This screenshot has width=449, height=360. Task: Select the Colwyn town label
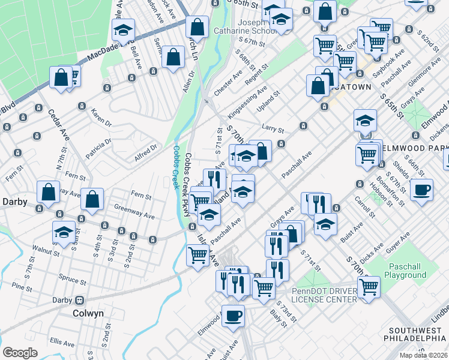pyautogui.click(x=88, y=313)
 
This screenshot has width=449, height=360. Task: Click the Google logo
pyautogui.click(x=20, y=353)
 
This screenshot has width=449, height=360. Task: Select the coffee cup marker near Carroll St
pyautogui.click(x=421, y=190)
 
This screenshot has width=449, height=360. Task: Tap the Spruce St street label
pyautogui.click(x=73, y=278)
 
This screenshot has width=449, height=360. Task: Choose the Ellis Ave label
pyautogui.click(x=62, y=341)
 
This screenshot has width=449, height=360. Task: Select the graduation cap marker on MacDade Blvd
pyautogui.click(x=124, y=29)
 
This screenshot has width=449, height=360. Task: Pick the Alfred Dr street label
pyautogui.click(x=146, y=148)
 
